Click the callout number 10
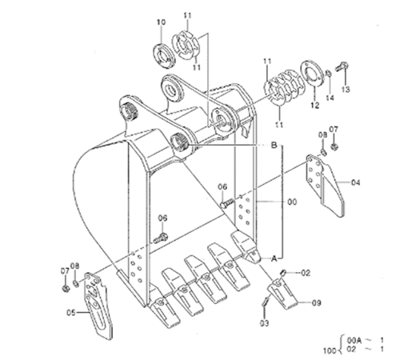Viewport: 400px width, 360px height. pyautogui.click(x=161, y=22)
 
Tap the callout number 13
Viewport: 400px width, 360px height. pyautogui.click(x=346, y=90)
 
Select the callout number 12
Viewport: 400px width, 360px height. pyautogui.click(x=315, y=106)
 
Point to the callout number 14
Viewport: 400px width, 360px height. pyautogui.click(x=330, y=98)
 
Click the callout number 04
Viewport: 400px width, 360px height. pyautogui.click(x=355, y=182)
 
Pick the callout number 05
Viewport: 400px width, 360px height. pyautogui.click(x=71, y=313)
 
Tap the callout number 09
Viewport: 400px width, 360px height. pyautogui.click(x=316, y=303)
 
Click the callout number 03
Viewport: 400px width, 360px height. pyautogui.click(x=264, y=323)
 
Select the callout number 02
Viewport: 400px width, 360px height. pyautogui.click(x=306, y=273)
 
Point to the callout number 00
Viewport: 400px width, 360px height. pyautogui.click(x=292, y=202)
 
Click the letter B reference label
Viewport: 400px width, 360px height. pyautogui.click(x=274, y=146)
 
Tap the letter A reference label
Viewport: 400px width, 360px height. pyautogui.click(x=274, y=258)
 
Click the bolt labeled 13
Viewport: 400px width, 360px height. pyautogui.click(x=342, y=66)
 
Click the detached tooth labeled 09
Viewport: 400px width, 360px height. pyautogui.click(x=282, y=294)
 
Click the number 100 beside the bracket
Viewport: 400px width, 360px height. pyautogui.click(x=330, y=351)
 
